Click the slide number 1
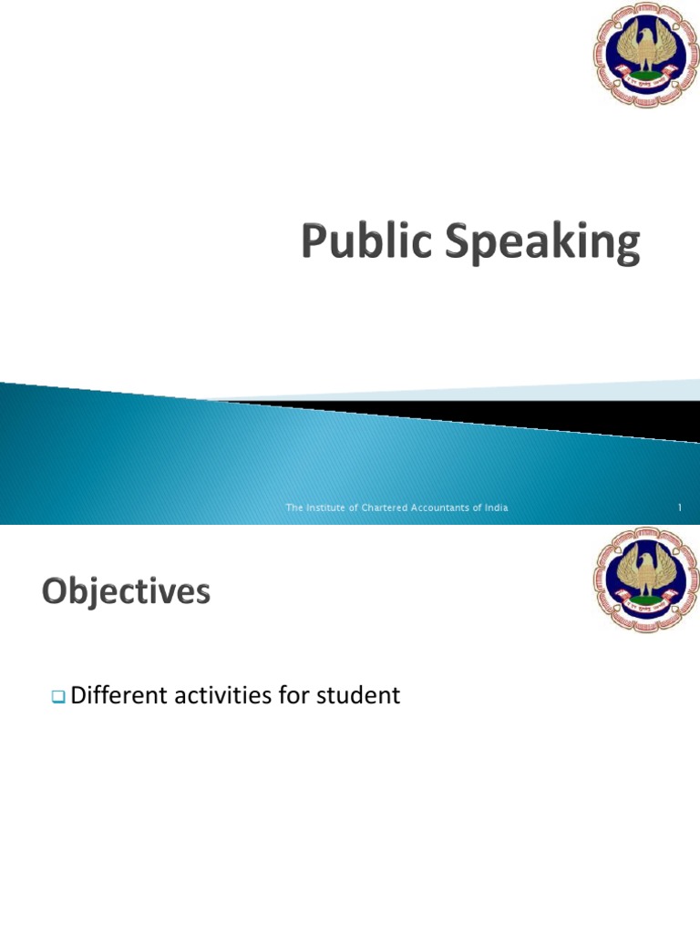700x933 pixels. coord(680,508)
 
